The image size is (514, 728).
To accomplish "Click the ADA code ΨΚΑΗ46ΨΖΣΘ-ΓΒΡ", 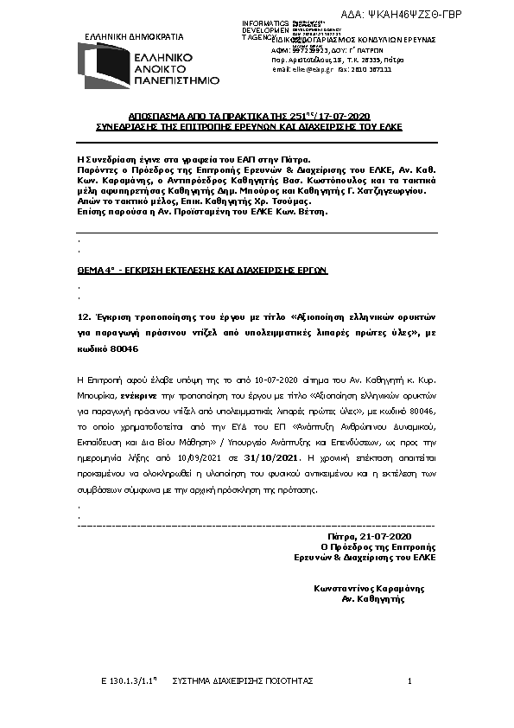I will click(x=446, y=16).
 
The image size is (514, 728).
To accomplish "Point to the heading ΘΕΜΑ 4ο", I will click(x=98, y=270).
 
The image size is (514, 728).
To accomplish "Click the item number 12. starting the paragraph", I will click(x=84, y=316).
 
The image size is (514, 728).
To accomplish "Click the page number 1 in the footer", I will click(x=409, y=681).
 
